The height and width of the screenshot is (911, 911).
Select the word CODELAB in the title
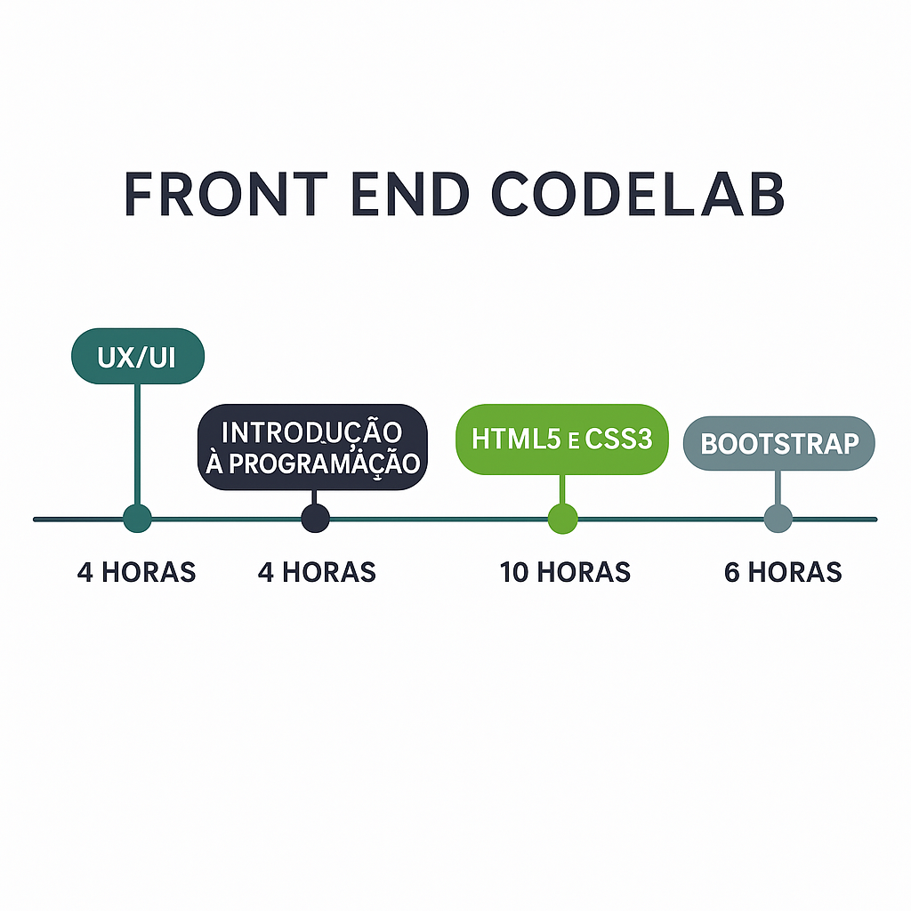coord(637,193)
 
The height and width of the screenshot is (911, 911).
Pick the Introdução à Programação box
coord(312,447)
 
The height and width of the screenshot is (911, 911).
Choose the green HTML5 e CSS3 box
coord(561,439)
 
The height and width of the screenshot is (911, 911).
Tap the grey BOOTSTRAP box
coord(778,443)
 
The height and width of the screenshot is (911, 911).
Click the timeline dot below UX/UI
coord(137,518)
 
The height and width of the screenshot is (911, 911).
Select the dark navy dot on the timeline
coord(315,518)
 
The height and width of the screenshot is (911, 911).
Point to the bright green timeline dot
coord(562,518)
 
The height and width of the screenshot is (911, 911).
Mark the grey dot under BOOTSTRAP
coord(778,518)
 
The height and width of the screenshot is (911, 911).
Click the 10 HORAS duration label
coord(565,572)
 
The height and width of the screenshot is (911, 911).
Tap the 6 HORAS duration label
coord(783,572)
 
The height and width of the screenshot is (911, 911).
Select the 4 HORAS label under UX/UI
coord(136,572)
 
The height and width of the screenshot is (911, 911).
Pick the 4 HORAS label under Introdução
coord(317,572)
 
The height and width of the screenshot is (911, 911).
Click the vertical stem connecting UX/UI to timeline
coord(137,445)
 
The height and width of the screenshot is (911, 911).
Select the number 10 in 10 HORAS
coord(514,572)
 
